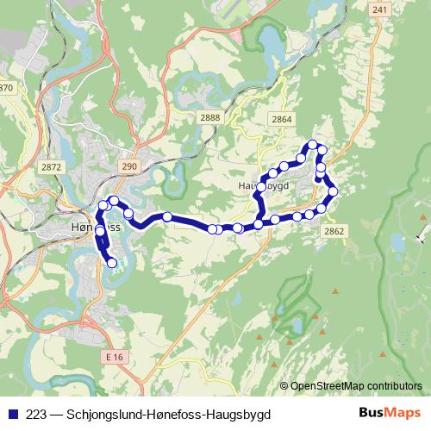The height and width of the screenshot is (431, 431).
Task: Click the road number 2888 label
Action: (210, 117)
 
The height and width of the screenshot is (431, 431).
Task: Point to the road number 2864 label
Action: (281, 119)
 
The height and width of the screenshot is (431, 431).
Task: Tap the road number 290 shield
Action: (128, 166)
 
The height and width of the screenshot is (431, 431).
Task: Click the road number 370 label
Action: (7, 88)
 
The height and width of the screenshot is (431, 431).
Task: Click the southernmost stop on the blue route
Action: (111, 262)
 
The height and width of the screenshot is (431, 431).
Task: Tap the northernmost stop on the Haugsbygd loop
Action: (314, 145)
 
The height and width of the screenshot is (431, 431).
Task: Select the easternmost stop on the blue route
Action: (333, 191)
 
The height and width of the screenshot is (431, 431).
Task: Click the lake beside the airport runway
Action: (269, 39)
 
